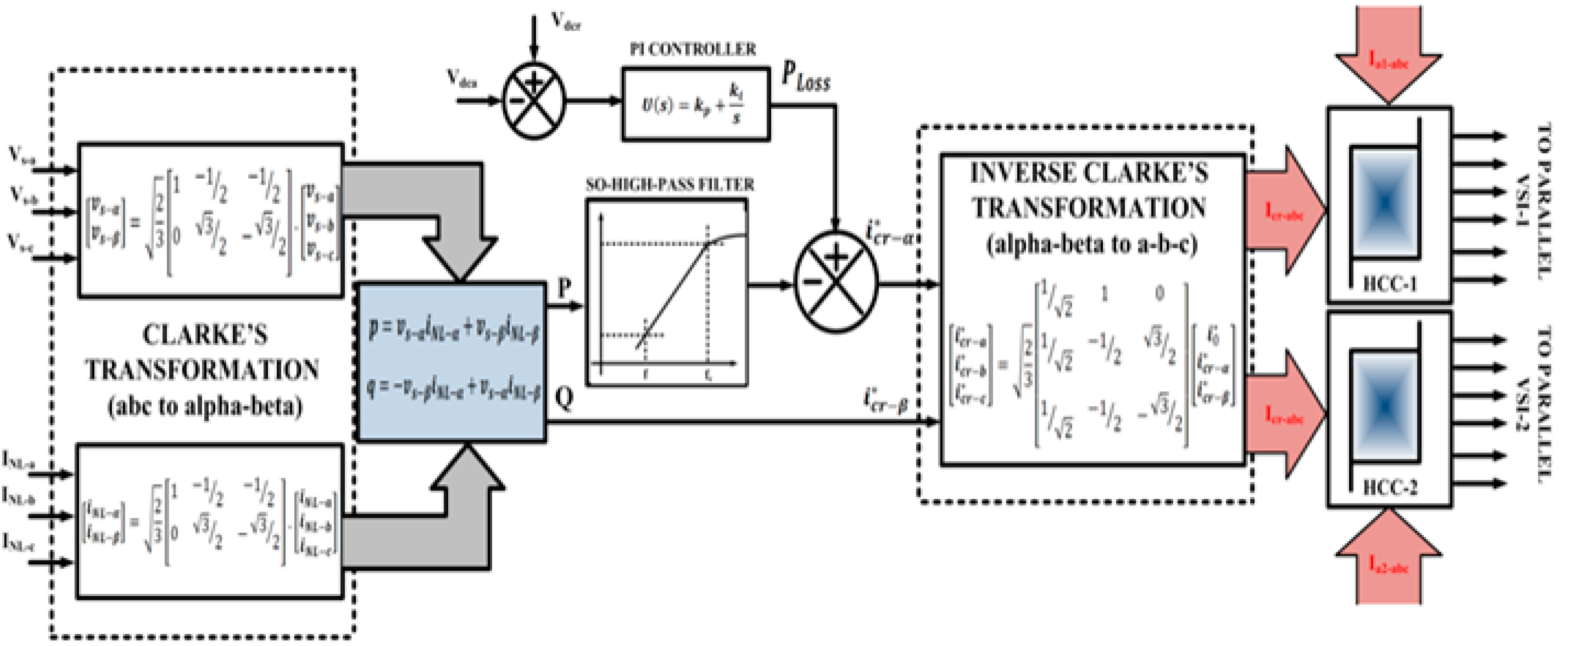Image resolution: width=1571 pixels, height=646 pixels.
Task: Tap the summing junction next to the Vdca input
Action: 534,101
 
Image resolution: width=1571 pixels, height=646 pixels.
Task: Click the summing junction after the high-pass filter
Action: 836,282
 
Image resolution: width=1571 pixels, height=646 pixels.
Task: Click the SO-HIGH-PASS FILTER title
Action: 669,185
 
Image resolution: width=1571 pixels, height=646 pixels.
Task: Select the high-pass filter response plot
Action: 667,293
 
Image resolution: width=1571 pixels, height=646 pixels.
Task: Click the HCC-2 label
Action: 1389,488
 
